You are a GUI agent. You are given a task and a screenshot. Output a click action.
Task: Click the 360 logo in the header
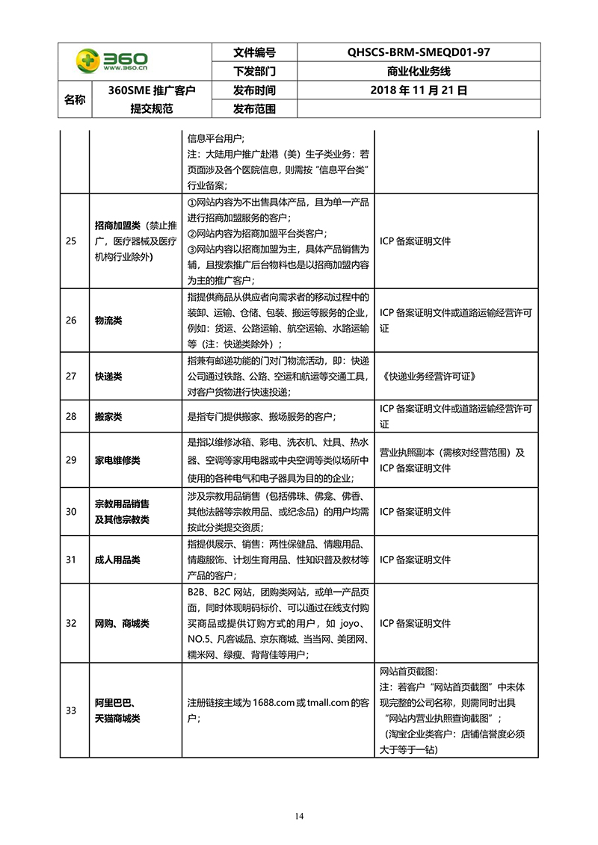pos(111,61)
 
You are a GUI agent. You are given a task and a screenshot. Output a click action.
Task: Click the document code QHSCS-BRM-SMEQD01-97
pos(418,52)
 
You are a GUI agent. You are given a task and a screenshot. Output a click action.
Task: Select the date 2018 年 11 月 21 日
pos(419,90)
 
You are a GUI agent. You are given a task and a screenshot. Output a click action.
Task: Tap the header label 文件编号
pos(254,52)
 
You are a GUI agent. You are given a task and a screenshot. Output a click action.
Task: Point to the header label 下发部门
pos(254,72)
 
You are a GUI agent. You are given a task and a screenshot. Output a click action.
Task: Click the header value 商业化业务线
pos(419,72)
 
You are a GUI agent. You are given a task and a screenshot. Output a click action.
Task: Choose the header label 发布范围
pos(254,109)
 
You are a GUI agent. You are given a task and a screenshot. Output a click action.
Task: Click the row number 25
pos(71,241)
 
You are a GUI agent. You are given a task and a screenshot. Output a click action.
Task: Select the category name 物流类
pos(108,320)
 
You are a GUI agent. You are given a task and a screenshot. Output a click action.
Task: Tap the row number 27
pos(71,376)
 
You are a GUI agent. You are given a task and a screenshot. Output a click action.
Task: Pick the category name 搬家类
pos(108,415)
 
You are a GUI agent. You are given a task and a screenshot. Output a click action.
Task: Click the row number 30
pos(71,511)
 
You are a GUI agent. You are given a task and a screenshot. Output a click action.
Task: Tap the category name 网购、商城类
pos(122,622)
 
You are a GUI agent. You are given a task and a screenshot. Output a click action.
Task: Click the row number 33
pos(71,710)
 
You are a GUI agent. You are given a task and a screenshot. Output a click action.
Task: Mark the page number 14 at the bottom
pos(299,814)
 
